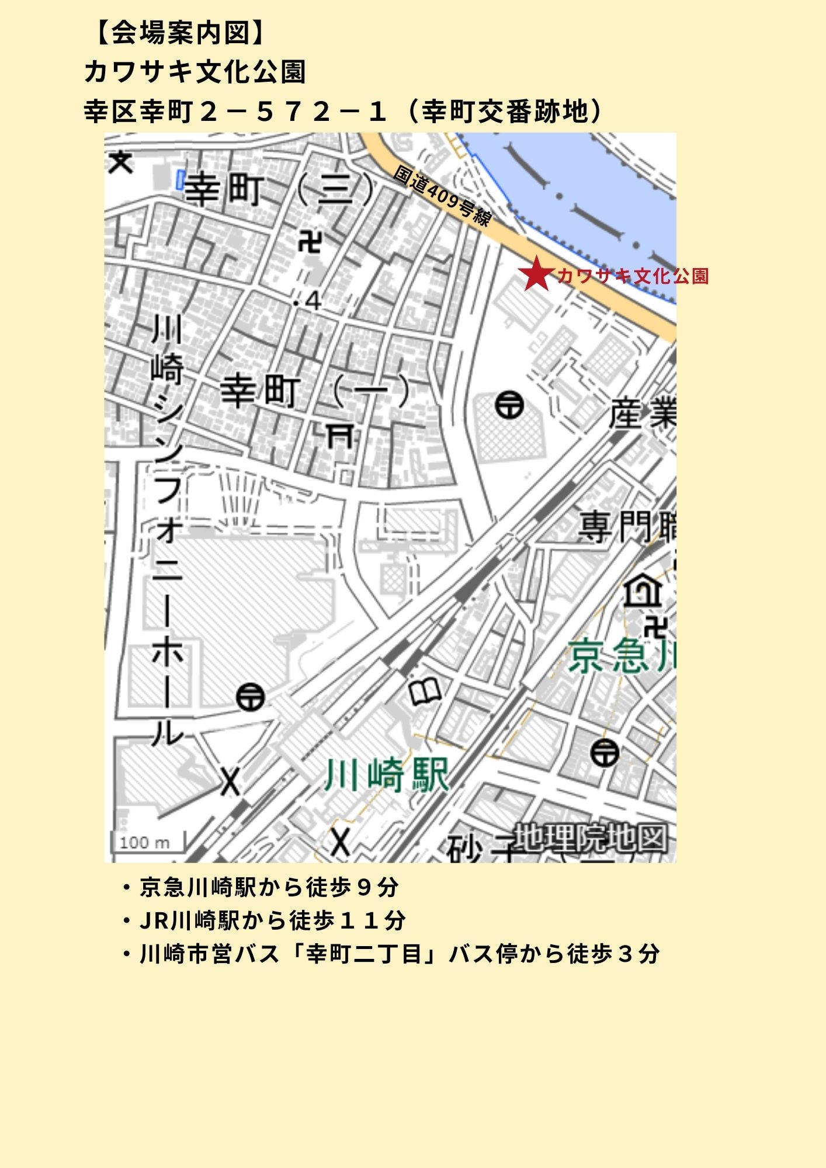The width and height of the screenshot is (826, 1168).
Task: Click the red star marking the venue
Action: pos(536,274)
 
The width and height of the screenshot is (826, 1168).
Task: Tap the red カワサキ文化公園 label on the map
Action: pos(633,276)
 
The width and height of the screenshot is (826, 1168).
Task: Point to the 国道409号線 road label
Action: pos(442,196)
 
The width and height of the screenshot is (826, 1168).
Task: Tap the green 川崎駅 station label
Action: pos(387,776)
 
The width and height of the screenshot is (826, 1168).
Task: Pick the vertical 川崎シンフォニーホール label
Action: pos(168,531)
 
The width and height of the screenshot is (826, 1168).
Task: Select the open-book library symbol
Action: pos(425,693)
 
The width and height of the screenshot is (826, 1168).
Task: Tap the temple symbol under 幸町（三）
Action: pos(309,241)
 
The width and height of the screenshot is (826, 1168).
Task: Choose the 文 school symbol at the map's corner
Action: pos(121,162)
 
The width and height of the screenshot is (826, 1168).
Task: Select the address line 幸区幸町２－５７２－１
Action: pos(234,112)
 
